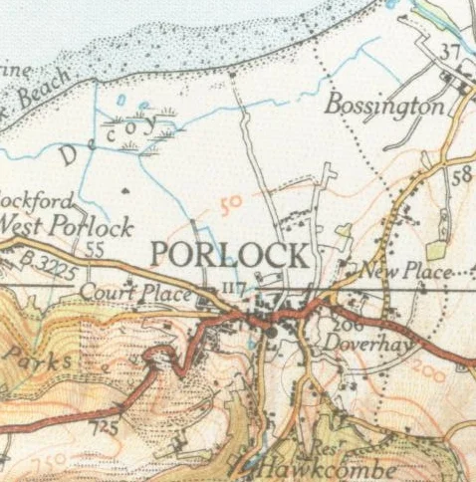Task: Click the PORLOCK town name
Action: [229, 254]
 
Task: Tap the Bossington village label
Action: [383, 105]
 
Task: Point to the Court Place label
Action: [120, 293]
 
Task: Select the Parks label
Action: [37, 358]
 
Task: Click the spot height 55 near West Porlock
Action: [96, 249]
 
